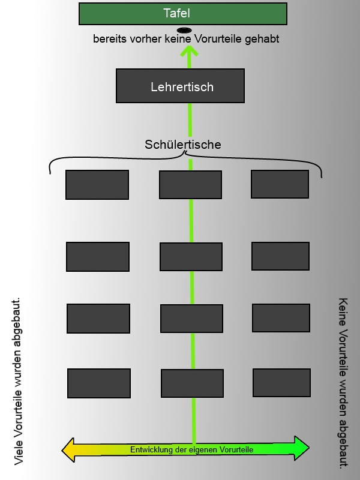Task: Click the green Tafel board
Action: click(x=183, y=14)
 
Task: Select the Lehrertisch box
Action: click(x=180, y=86)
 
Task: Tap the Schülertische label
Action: click(x=183, y=145)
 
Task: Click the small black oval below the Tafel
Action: click(x=184, y=30)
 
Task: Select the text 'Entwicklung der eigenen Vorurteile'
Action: click(x=191, y=449)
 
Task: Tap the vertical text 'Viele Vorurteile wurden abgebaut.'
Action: click(x=18, y=380)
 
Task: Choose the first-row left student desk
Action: click(x=97, y=185)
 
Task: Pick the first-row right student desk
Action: click(x=280, y=184)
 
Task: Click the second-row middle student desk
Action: click(x=191, y=257)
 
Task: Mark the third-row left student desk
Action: click(x=98, y=319)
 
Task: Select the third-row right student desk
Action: click(x=281, y=318)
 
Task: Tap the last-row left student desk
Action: click(x=99, y=383)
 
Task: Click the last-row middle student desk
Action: click(x=192, y=383)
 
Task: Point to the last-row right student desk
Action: click(x=281, y=383)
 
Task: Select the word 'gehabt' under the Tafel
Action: click(x=264, y=39)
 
